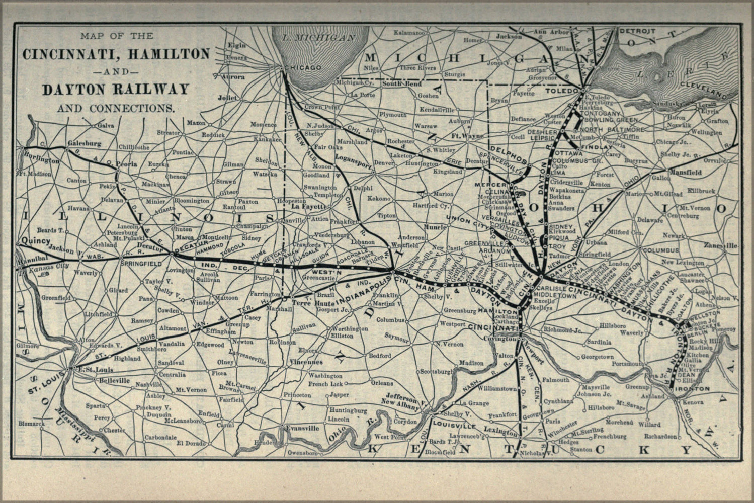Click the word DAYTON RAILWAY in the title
coord(115,90)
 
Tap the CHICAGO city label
coord(302,67)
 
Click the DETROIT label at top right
coord(637,31)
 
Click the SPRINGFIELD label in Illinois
coord(140,263)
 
